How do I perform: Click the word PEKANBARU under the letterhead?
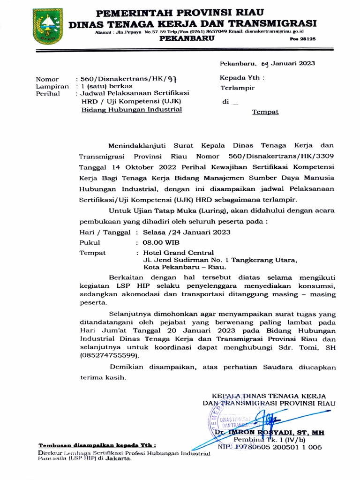pos(187,39)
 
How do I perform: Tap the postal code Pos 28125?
pos(302,40)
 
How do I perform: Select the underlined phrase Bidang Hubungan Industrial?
pos(131,110)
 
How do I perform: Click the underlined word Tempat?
pos(265,112)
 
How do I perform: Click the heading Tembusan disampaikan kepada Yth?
pos(97,445)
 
